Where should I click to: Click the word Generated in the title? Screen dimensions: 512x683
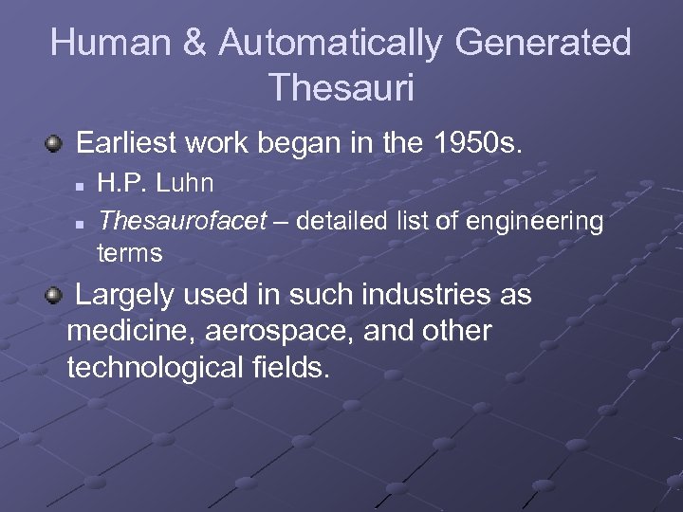tap(544, 43)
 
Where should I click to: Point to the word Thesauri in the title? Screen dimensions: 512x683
tap(341, 87)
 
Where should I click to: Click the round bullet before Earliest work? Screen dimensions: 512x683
tap(55, 145)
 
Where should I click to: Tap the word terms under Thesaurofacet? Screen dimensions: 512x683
tap(130, 253)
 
